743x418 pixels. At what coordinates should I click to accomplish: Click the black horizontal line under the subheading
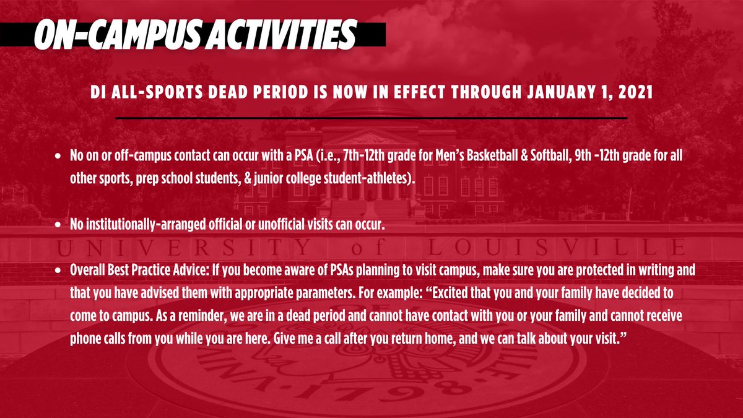point(371,117)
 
